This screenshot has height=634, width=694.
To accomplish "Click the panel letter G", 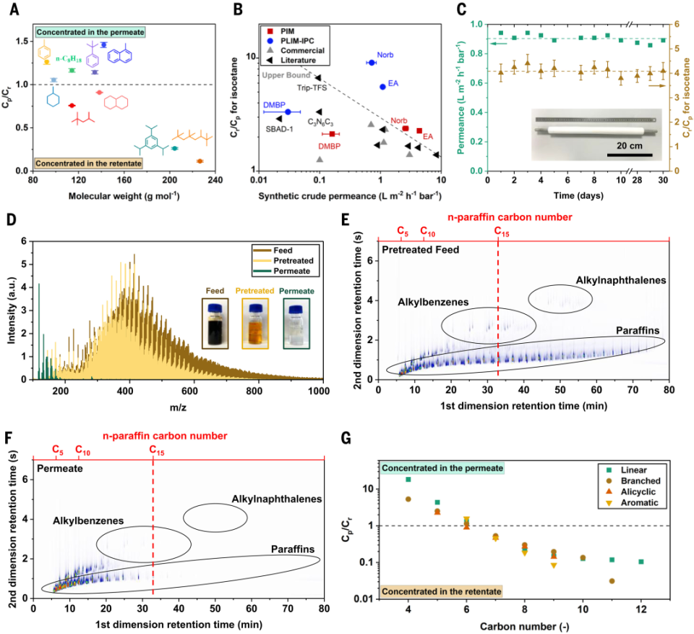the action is point(346,438).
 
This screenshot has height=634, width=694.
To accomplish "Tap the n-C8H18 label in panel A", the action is point(69,59).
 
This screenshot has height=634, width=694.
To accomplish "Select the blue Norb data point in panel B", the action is point(372,62).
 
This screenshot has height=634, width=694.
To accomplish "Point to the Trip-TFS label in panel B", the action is point(312,88).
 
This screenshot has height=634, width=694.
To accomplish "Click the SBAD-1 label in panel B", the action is point(279,130).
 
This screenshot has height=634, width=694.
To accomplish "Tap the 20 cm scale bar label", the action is point(630,145).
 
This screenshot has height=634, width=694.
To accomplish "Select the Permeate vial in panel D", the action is point(296,324).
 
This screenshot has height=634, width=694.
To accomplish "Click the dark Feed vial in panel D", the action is point(215,324).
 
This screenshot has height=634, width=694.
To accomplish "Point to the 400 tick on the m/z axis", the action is point(125,391).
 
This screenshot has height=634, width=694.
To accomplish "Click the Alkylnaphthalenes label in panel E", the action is point(620,280).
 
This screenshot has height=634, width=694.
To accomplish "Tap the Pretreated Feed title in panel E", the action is point(421,250).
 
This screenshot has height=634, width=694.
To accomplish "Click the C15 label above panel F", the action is point(157,451).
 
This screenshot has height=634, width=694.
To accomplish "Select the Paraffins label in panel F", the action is point(293,549).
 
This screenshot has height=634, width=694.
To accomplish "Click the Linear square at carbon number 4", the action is point(408,479).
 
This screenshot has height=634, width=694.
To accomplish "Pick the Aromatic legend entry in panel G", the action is point(632,502).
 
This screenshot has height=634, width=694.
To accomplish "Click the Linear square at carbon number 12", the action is point(641,562).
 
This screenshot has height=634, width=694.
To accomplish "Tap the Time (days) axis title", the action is point(578,195).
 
